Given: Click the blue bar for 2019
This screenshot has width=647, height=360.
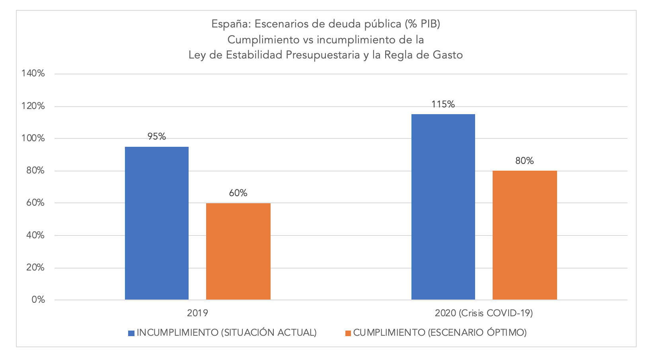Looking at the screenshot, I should click(x=156, y=223).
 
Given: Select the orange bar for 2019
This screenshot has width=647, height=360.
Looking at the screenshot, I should click(x=238, y=251).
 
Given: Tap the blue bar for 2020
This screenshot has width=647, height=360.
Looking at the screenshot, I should click(x=443, y=207).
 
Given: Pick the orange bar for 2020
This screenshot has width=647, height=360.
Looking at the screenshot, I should click(x=524, y=235).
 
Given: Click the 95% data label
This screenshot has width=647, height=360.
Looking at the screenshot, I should click(x=156, y=136).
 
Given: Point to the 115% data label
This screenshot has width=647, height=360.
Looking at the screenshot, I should click(x=443, y=104).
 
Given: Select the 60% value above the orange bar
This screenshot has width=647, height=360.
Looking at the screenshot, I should click(x=238, y=193).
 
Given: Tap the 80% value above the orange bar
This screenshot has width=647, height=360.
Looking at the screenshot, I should click(x=524, y=161).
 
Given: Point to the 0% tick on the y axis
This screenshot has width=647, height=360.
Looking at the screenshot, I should click(x=38, y=300).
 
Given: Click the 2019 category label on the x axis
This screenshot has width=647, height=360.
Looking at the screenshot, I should click(x=197, y=313).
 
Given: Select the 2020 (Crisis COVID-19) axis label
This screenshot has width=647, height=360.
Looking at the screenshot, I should click(x=483, y=313).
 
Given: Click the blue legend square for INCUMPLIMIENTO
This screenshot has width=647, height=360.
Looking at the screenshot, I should click(x=131, y=333).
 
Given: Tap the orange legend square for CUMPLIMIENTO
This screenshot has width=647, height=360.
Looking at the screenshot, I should click(x=348, y=333).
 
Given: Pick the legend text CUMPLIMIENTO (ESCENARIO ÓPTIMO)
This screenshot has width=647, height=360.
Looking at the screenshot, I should click(x=440, y=333).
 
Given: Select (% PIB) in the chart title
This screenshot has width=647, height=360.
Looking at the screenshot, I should click(x=423, y=24).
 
